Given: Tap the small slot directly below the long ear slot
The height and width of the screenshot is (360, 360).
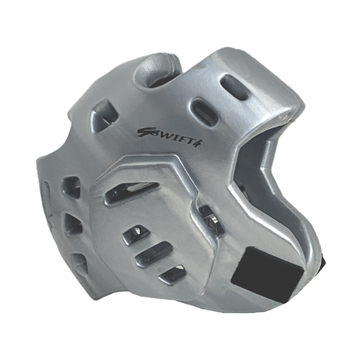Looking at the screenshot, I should point(132,232).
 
